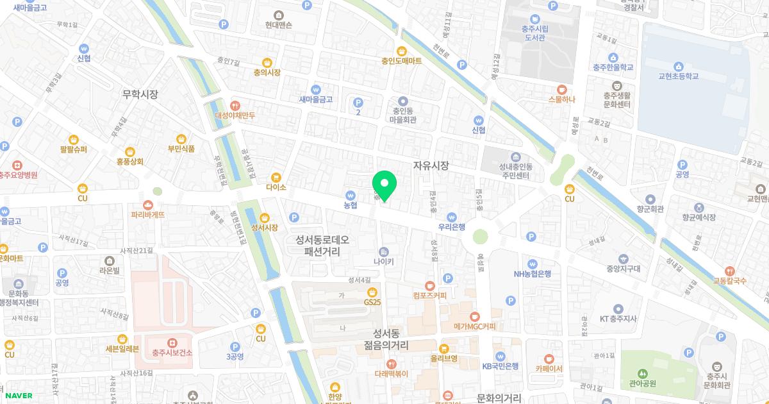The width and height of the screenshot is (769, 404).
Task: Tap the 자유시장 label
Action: tap(431, 165)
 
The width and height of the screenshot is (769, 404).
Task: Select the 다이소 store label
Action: tap(276, 187)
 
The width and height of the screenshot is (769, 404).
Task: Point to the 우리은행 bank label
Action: tap(452, 226)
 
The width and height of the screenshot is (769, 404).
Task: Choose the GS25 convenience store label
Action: tap(372, 301)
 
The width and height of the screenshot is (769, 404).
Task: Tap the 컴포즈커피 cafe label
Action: tap(429, 295)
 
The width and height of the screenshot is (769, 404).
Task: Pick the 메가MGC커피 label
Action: tap(474, 326)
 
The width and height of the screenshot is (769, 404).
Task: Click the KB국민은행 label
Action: tap(500, 366)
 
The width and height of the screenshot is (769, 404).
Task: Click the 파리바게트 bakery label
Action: tap(148, 214)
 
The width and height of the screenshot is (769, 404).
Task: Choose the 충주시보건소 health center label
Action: tap(172, 353)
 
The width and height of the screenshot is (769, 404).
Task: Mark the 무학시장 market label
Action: tap(140, 94)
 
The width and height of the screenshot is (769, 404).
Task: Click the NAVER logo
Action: tap(19, 396)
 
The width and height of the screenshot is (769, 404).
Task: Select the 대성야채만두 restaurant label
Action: tap(235, 115)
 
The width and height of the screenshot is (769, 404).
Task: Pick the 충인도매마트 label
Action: tap(401, 61)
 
